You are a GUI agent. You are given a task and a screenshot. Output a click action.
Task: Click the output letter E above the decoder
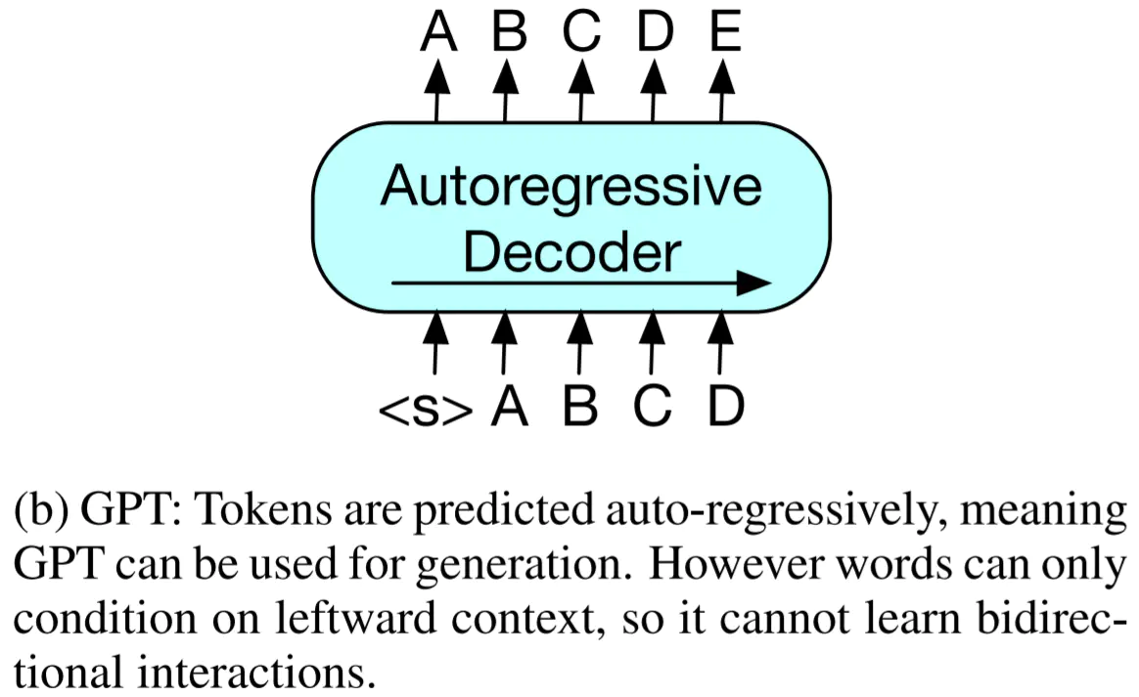[x=726, y=32]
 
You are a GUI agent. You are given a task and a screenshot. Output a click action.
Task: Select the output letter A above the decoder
[x=438, y=32]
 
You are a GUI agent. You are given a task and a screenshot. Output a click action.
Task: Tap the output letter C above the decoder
[x=582, y=32]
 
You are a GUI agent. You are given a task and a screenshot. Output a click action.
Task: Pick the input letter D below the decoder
[x=726, y=406]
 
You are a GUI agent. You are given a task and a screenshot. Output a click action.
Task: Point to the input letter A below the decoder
[x=509, y=406]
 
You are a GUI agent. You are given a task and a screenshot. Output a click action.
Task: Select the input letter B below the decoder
[x=580, y=406]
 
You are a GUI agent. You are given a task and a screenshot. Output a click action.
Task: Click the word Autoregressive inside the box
[x=571, y=188]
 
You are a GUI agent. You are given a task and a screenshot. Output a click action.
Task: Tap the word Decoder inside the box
[x=572, y=252]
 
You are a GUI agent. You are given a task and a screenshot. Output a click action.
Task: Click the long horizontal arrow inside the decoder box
[x=581, y=283]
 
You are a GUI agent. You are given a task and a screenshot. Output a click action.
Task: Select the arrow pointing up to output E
[x=721, y=90]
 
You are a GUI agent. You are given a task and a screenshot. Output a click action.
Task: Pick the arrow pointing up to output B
[x=506, y=90]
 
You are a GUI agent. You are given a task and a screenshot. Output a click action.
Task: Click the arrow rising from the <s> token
[x=435, y=342]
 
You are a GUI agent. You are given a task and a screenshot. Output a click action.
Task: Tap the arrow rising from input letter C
[x=652, y=342]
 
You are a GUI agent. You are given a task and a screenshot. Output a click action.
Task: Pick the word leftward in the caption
[x=356, y=619]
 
